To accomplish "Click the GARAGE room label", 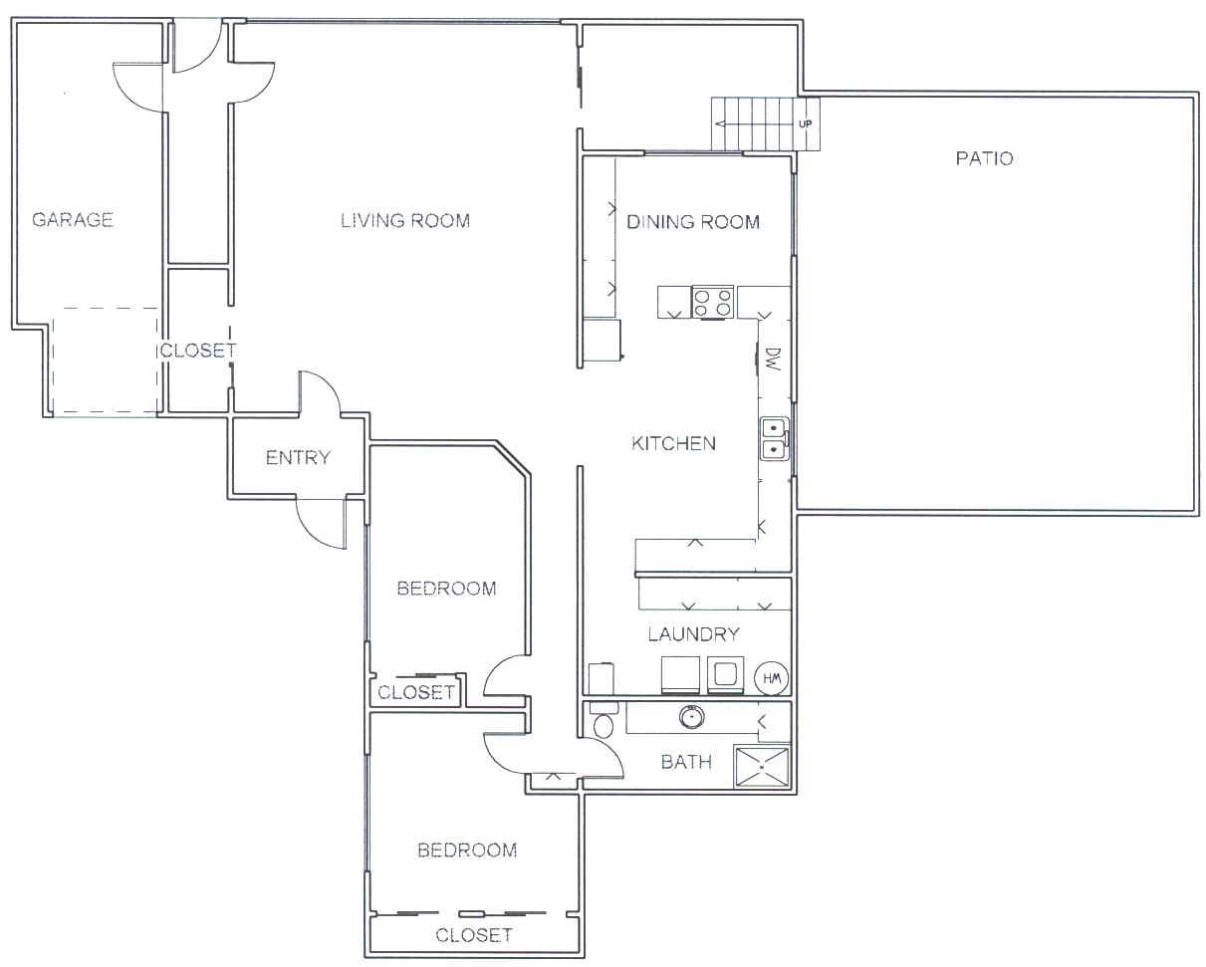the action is tap(73, 219).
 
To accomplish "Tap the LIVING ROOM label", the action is tap(405, 220).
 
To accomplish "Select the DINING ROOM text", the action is tap(693, 222).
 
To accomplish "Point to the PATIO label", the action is tap(985, 158).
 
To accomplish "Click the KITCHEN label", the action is tap(673, 443).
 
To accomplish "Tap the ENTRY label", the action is tap(298, 457).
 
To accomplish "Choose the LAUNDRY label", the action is tap(694, 634).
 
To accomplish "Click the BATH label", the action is tap(686, 762).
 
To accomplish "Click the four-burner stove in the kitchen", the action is tap(712, 302).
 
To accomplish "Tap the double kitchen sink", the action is tap(775, 439).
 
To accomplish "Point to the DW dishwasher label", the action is tap(773, 360).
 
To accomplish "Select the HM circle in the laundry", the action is tap(772, 678).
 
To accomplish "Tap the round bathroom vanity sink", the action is tap(691, 716).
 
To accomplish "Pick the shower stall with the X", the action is tap(762, 766).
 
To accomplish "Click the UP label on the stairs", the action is tap(805, 123).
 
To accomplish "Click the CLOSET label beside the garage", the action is tap(198, 351).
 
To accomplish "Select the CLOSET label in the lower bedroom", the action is tap(474, 935).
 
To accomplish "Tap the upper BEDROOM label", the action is tap(446, 588).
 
